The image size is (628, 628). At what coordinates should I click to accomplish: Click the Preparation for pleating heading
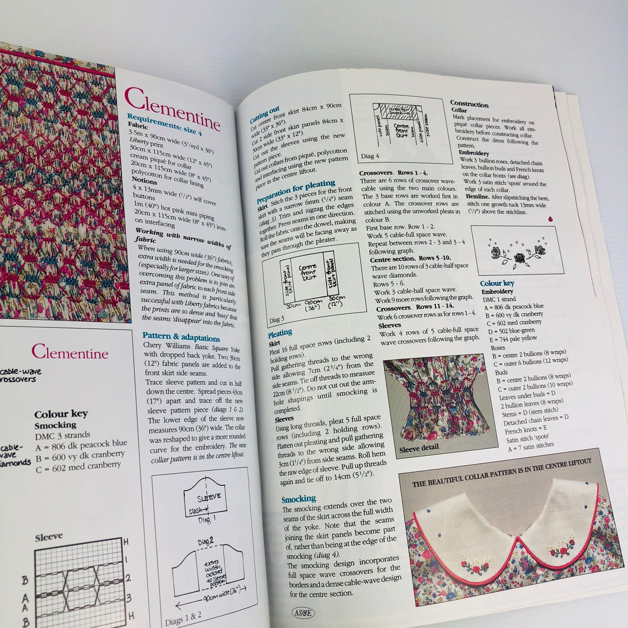(x=296, y=192)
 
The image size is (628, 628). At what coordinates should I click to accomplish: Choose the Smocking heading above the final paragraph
(x=298, y=499)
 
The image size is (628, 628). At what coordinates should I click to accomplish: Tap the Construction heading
(x=469, y=104)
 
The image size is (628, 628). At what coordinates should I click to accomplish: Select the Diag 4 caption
(x=370, y=156)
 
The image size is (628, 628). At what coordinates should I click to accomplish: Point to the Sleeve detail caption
(x=419, y=448)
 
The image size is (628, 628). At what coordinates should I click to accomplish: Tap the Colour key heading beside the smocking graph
(x=61, y=413)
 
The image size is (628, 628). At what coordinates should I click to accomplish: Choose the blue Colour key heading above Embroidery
(x=497, y=283)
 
